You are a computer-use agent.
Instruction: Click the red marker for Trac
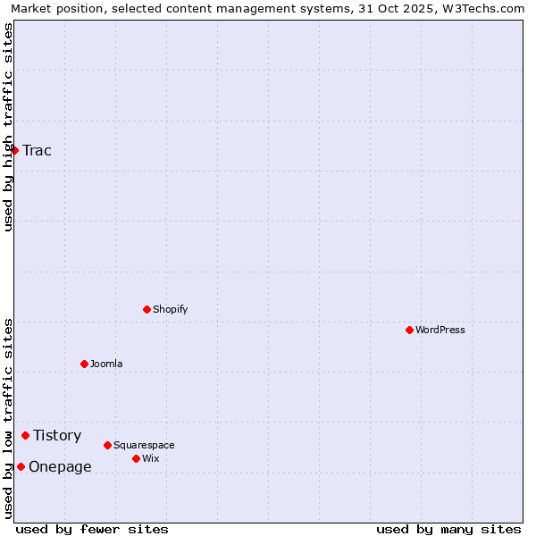tap(14, 150)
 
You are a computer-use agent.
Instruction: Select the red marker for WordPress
tap(409, 330)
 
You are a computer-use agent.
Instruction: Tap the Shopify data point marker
tap(147, 309)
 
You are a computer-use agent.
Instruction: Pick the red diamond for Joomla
tap(84, 364)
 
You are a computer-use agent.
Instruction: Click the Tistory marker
tap(25, 435)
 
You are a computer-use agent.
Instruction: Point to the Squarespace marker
tap(107, 445)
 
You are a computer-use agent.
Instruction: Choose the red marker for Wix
tap(136, 458)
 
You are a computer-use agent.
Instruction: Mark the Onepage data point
tap(21, 466)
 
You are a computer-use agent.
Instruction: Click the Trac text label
tap(37, 150)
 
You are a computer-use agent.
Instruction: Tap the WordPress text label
tap(440, 330)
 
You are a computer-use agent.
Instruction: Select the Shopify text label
tap(170, 309)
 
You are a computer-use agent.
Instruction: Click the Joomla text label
tap(106, 364)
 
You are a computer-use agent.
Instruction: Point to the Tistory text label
tap(57, 435)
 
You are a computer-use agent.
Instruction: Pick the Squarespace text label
tap(144, 445)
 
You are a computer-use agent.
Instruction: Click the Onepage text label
tap(60, 466)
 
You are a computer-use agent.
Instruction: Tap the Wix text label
tap(150, 458)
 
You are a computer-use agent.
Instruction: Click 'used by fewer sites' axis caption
tap(92, 529)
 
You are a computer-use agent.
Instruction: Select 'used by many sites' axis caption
tap(448, 529)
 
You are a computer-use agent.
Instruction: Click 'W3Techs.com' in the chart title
tap(485, 8)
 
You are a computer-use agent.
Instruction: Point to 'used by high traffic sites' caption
tap(8, 127)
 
